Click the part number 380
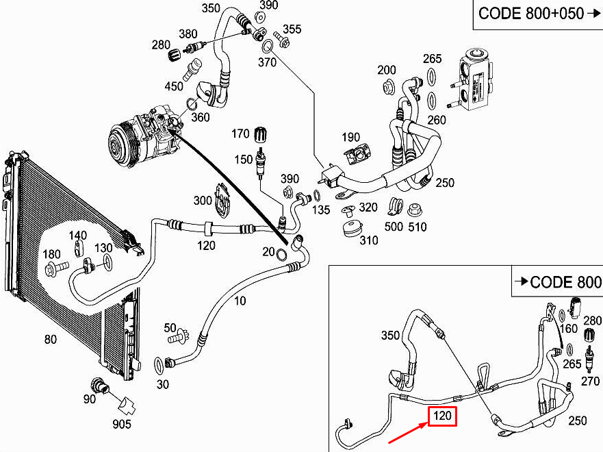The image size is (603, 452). tap(188, 34)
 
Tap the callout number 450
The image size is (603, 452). tap(173, 86)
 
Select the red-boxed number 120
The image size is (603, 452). tap(442, 416)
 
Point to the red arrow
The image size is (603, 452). tap(409, 432)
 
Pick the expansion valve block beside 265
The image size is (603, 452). tap(474, 79)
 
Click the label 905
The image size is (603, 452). tap(122, 424)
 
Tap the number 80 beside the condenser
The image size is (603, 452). tap(51, 339)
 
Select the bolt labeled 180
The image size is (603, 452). tap(57, 266)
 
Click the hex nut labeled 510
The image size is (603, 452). tap(414, 210)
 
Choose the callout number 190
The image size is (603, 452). tap(350, 137)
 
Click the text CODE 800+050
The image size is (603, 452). tap(531, 14)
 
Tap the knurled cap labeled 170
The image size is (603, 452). tap(261, 135)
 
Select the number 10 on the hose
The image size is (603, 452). tap(240, 301)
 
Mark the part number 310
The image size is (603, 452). tap(369, 240)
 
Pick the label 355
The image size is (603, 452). tap(292, 29)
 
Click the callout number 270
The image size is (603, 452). tap(590, 381)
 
